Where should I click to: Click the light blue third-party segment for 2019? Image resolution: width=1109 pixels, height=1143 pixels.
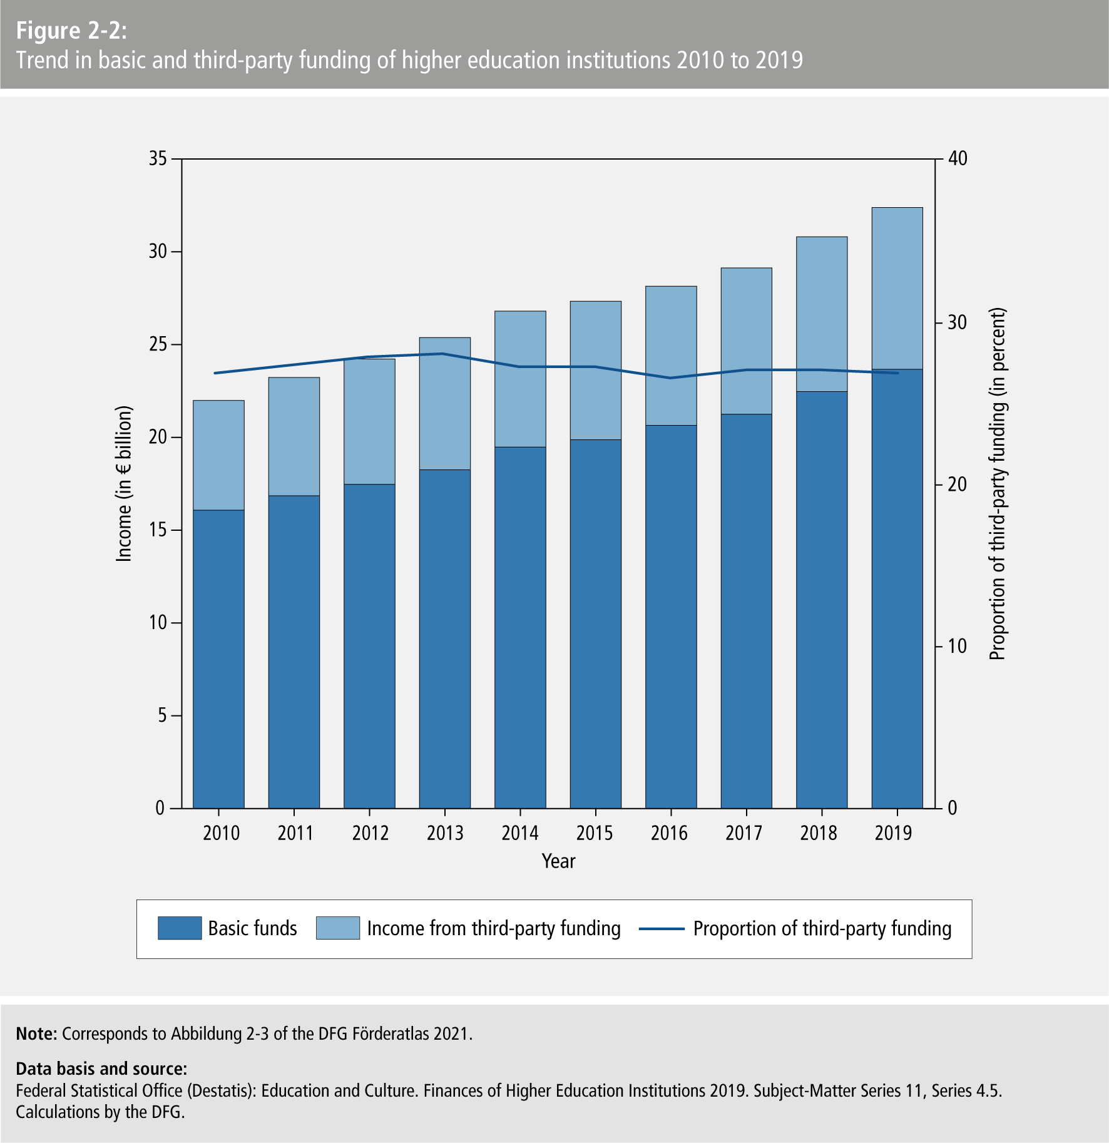click(x=897, y=288)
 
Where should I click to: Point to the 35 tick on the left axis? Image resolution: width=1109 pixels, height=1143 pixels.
click(x=158, y=159)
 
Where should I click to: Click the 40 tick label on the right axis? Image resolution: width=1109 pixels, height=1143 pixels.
click(x=958, y=159)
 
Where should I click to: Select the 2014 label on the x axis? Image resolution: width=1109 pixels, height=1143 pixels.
click(x=519, y=833)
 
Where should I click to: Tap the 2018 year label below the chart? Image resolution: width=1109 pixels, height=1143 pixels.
click(x=818, y=833)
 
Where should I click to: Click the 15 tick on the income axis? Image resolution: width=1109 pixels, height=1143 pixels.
click(x=158, y=530)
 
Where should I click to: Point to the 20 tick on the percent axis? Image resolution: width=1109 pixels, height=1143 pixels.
click(x=958, y=484)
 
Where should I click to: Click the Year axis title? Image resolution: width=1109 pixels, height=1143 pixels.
click(x=558, y=861)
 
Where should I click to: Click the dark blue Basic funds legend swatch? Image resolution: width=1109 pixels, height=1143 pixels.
click(x=180, y=928)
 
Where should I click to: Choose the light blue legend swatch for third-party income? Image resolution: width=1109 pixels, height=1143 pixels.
click(x=338, y=928)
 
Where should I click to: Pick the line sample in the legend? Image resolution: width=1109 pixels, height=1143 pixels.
click(x=662, y=929)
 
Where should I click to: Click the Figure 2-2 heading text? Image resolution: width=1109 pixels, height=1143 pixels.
click(x=71, y=31)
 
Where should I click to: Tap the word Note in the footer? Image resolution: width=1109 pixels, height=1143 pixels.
click(x=36, y=1033)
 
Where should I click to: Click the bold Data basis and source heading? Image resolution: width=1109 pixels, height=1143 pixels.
click(x=101, y=1069)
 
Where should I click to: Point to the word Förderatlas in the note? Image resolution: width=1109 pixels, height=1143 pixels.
click(x=391, y=1033)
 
